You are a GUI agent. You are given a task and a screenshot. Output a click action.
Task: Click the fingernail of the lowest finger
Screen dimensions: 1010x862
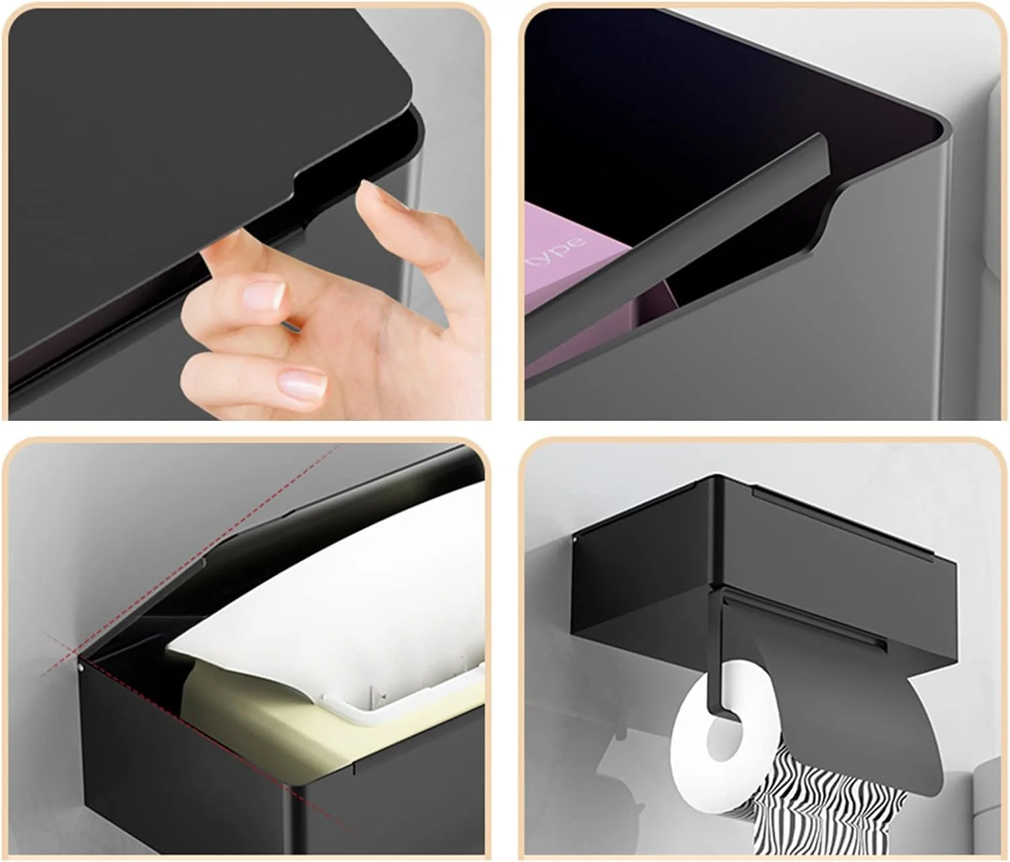[302, 384]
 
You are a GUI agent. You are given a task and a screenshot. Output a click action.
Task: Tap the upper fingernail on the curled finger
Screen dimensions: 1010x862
[265, 296]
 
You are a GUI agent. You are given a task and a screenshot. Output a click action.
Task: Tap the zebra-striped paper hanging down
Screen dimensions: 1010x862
[826, 801]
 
